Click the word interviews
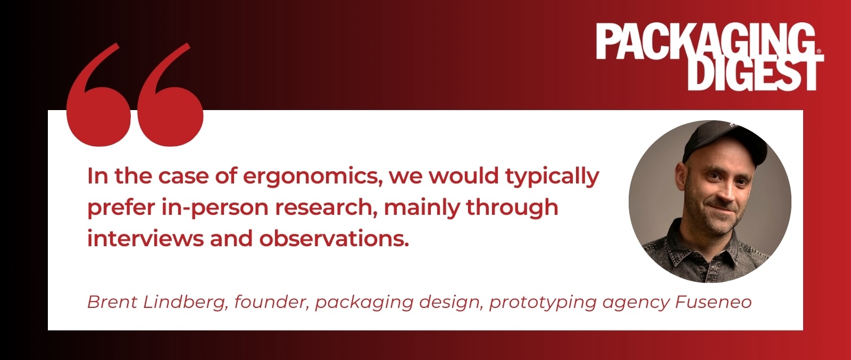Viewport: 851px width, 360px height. [146, 239]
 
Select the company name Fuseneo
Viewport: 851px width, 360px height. [713, 302]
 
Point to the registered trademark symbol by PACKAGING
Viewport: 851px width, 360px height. [820, 51]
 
